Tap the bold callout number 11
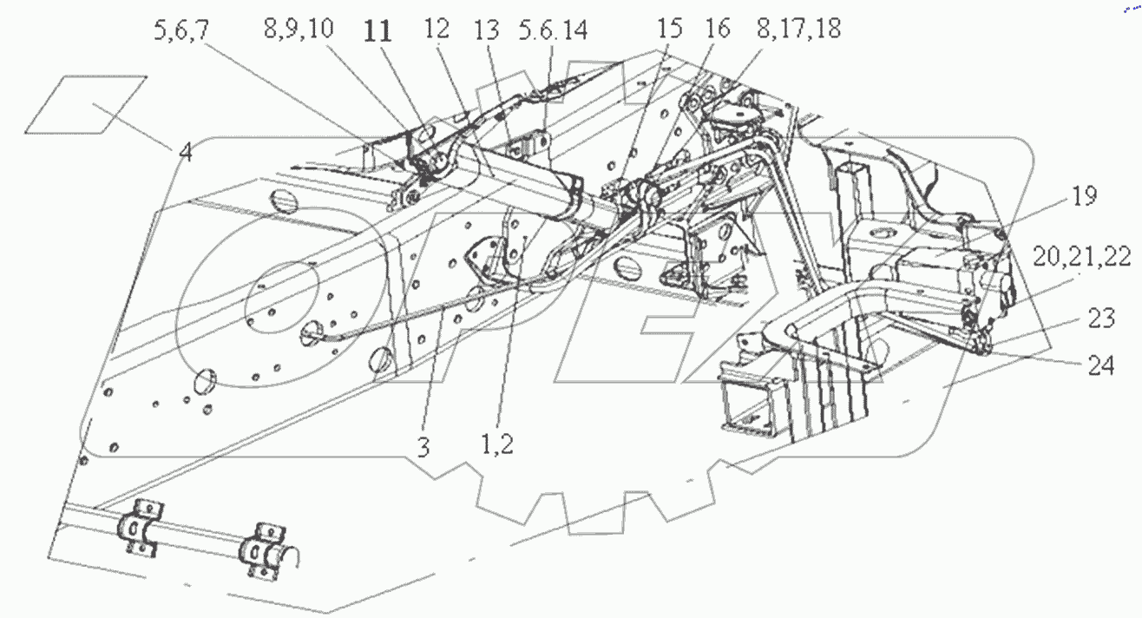pos(377,33)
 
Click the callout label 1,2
pos(497,446)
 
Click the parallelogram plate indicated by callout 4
pos(85,104)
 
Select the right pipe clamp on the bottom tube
pos(266,548)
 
